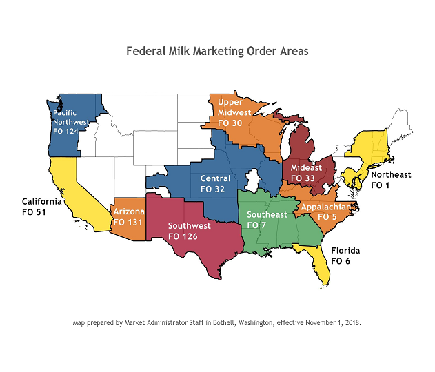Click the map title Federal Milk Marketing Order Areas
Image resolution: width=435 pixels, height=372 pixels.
click(x=217, y=52)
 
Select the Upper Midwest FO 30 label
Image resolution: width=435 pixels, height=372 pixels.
click(x=230, y=112)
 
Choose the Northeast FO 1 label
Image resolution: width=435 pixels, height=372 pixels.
click(x=390, y=180)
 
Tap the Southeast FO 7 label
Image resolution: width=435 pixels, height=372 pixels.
click(x=267, y=220)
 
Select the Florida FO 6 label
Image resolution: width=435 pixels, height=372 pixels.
click(x=345, y=256)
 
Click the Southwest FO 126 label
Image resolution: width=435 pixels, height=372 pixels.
click(x=189, y=231)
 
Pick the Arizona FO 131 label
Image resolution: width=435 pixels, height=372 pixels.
click(x=128, y=217)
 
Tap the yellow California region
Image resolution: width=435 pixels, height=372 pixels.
click(x=69, y=189)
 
